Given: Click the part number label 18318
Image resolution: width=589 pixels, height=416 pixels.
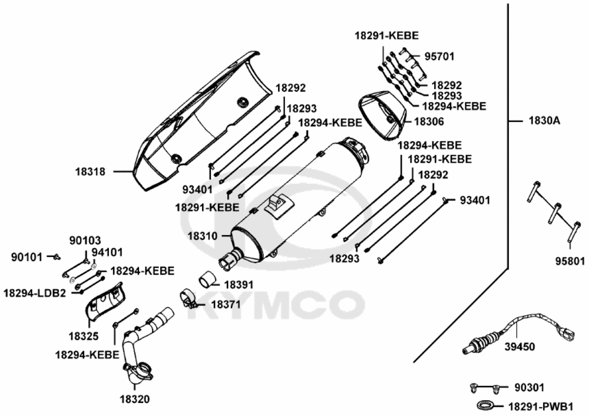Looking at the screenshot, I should coord(90,172).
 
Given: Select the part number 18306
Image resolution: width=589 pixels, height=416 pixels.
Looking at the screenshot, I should coord(429,121).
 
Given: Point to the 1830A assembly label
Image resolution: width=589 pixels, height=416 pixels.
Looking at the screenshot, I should coord(544,121).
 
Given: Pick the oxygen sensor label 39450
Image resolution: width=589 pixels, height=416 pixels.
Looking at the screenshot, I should coord(519,347).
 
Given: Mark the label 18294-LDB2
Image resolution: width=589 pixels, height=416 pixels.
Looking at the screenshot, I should coord(35,293).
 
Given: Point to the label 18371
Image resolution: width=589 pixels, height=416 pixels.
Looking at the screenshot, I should coord(226,305).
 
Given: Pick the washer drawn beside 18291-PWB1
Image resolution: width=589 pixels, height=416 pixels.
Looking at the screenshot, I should coord(486,405).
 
